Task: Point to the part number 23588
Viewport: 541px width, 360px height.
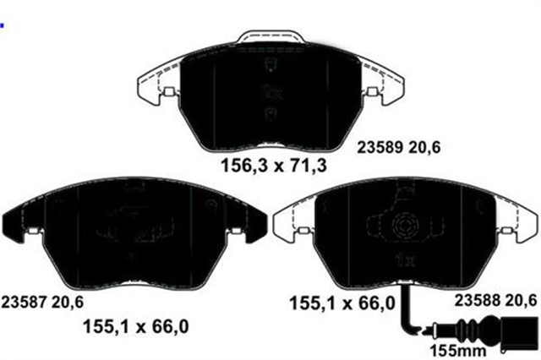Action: coord(478,297)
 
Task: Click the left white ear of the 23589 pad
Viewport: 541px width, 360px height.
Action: coord(154,89)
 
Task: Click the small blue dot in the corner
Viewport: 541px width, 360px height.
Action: coord(3,26)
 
